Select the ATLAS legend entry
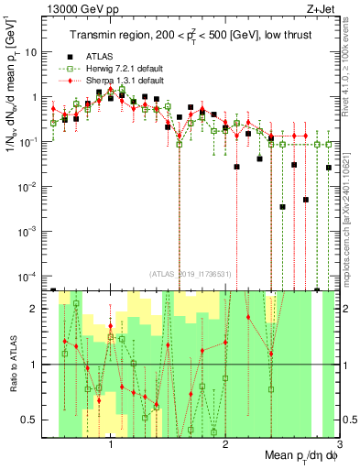(x=97, y=53)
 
